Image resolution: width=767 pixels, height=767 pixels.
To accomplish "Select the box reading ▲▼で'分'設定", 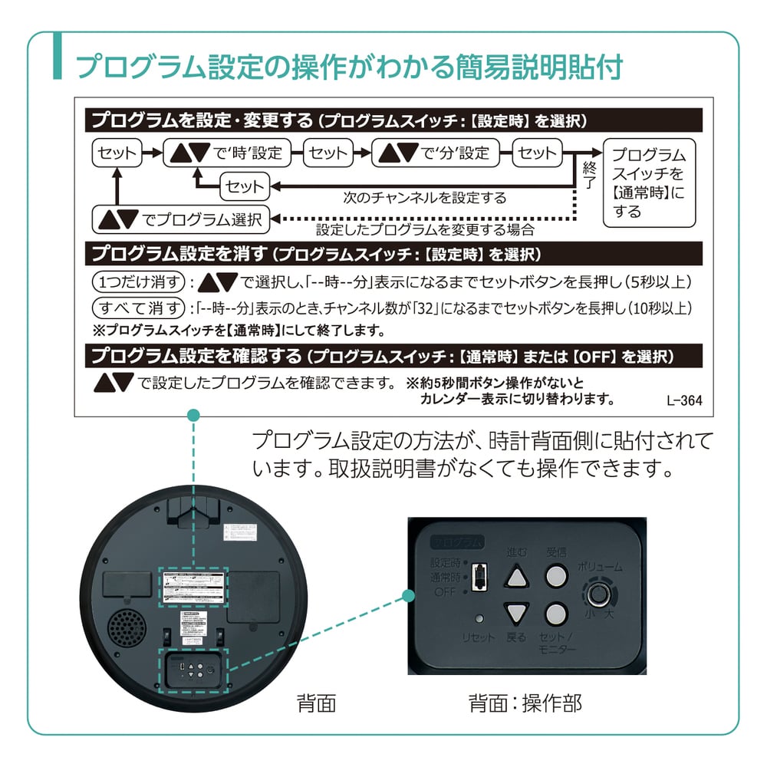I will [435, 153].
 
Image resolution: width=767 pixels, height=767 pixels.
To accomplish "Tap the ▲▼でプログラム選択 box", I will [181, 219].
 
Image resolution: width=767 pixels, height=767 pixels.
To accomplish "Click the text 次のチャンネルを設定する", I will [424, 198].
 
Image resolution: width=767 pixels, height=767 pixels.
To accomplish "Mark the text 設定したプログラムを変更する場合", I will [424, 229].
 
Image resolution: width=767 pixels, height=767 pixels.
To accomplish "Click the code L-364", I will [684, 400].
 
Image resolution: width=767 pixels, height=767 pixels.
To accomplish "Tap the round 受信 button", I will [555, 576].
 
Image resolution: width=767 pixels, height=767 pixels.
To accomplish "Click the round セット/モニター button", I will [555, 613].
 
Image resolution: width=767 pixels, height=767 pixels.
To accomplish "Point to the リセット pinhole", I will [479, 618].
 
